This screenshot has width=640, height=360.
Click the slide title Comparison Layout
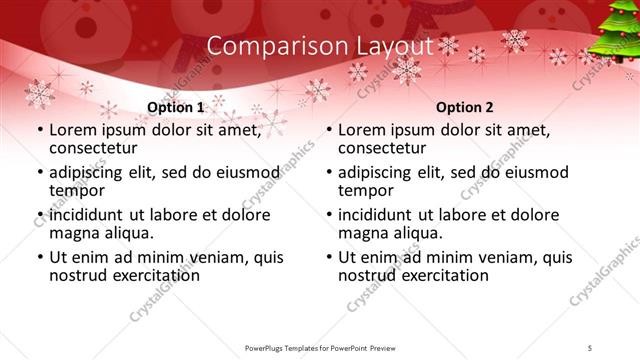tap(320, 46)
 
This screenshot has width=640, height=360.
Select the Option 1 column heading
tap(175, 107)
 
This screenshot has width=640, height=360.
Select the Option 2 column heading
tap(465, 107)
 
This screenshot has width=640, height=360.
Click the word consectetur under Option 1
tap(96, 148)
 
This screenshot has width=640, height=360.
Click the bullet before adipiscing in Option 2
tap(329, 173)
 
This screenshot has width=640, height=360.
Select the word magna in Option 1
tap(73, 233)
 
